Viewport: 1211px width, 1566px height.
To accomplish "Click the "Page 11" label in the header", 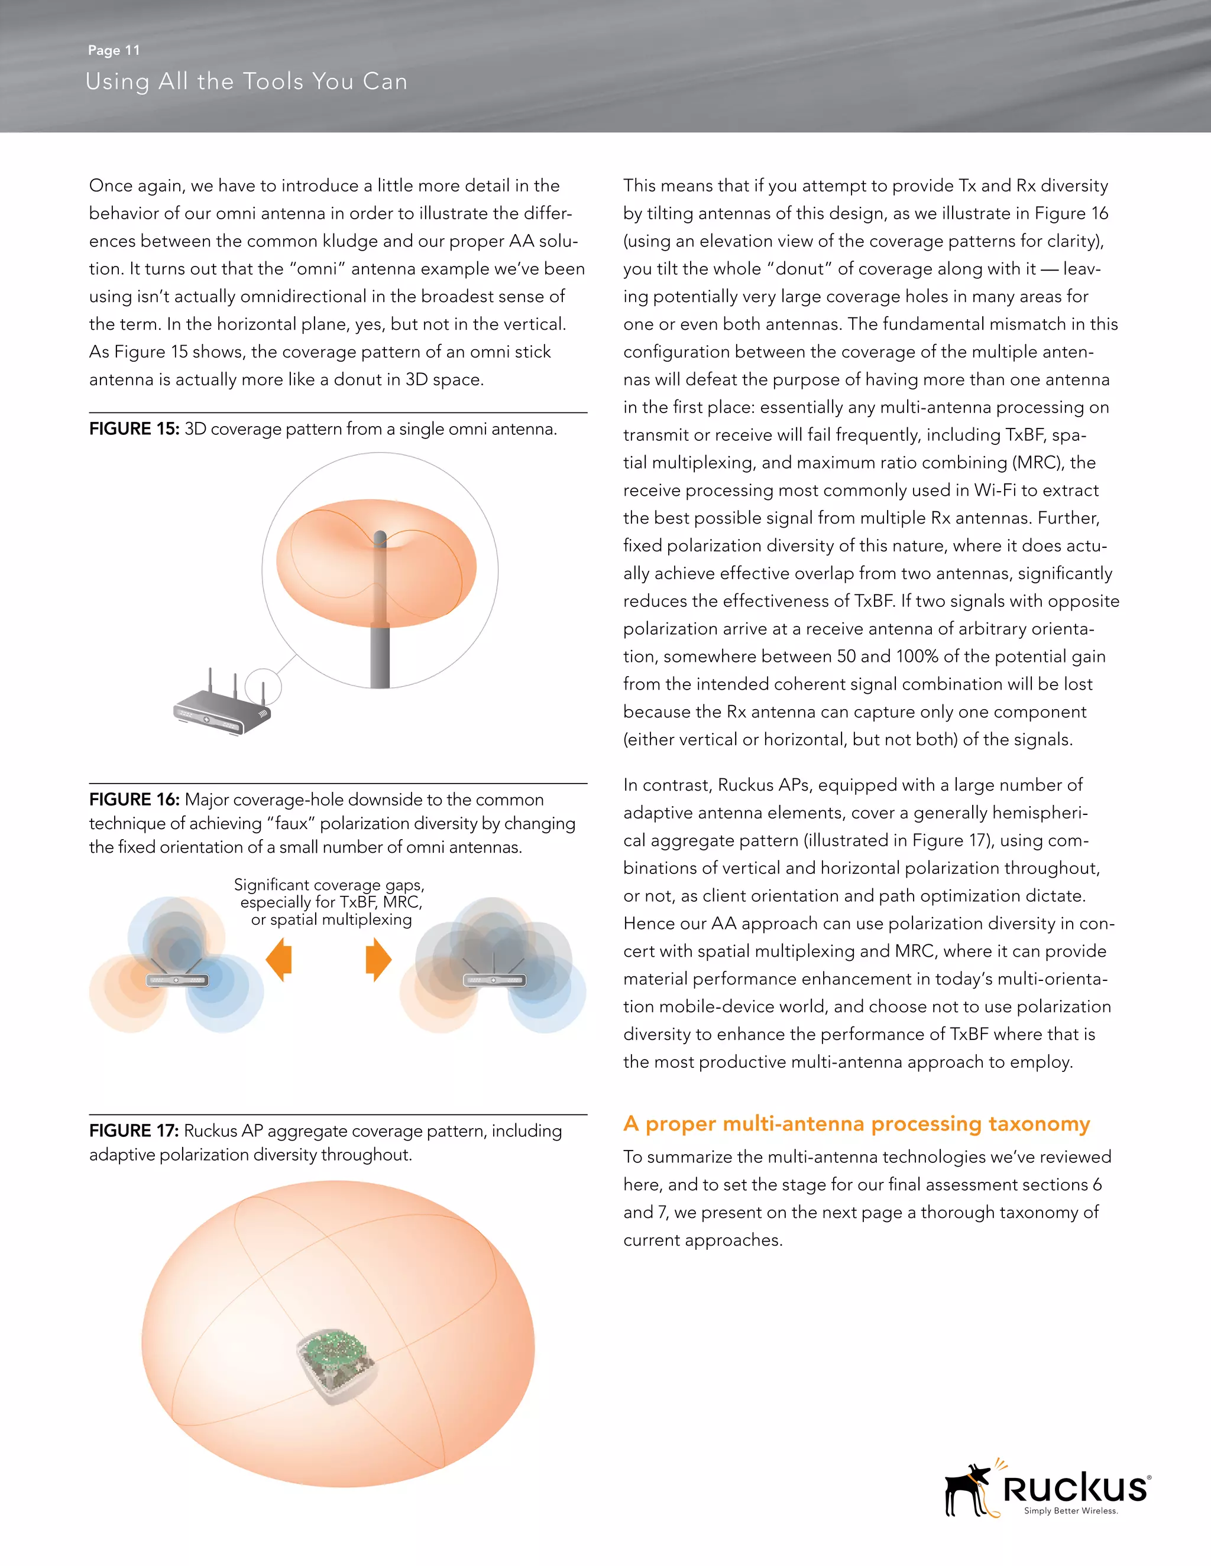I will [x=114, y=50].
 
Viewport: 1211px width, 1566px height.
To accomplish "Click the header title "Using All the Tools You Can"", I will [x=246, y=82].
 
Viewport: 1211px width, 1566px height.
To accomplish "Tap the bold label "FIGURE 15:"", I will [x=134, y=429].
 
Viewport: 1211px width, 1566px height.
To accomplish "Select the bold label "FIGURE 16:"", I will [x=134, y=800].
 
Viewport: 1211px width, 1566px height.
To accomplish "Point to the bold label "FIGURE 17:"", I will [x=134, y=1130].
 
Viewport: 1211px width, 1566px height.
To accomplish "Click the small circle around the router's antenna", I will [x=263, y=687].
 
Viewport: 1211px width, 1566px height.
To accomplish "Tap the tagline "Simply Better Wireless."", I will [x=1070, y=1511].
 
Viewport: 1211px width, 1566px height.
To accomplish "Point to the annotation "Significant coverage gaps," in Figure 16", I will [x=329, y=885].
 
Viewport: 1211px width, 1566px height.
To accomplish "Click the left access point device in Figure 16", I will [x=176, y=979].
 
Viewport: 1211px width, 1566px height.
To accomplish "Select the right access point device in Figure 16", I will [x=494, y=979].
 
